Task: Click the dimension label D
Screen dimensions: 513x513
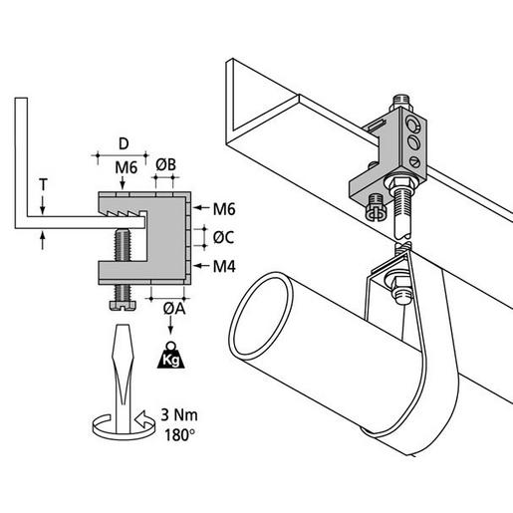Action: (x=124, y=144)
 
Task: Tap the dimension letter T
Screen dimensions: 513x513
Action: (x=43, y=185)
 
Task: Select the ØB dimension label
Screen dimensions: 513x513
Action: (x=166, y=165)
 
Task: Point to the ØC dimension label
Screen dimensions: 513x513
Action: (x=223, y=237)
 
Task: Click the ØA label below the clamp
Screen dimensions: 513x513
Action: (x=174, y=309)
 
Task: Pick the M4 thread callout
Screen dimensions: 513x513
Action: (x=224, y=266)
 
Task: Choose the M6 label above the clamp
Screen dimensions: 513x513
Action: (x=127, y=167)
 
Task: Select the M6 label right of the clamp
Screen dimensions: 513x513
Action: (x=224, y=209)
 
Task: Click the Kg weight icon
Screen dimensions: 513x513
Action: (x=171, y=355)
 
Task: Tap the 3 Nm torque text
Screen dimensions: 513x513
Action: (x=179, y=415)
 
